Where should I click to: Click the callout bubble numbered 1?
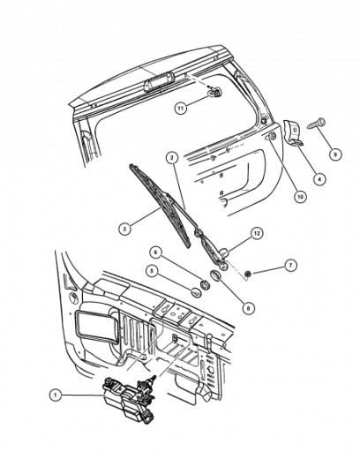point(56,395)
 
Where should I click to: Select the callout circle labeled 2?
point(172,158)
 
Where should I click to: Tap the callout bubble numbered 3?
point(124,229)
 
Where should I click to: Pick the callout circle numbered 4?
point(319,178)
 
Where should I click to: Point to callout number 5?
point(153,271)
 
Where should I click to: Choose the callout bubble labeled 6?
point(156,252)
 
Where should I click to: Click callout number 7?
point(290,265)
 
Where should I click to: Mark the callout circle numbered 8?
point(249,308)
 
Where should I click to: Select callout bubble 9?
point(335,154)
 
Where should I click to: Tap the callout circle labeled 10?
point(300,197)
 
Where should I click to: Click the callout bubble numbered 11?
point(181,109)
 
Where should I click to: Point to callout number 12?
point(257,233)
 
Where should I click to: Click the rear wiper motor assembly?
point(129,398)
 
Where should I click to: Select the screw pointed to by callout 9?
point(316,124)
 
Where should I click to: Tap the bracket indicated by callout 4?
point(293,132)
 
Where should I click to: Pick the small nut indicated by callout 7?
point(248,275)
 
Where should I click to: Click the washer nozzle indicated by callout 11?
point(215,93)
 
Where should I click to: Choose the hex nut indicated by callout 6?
point(205,284)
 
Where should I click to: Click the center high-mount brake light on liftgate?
point(156,83)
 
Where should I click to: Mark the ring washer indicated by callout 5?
point(196,292)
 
